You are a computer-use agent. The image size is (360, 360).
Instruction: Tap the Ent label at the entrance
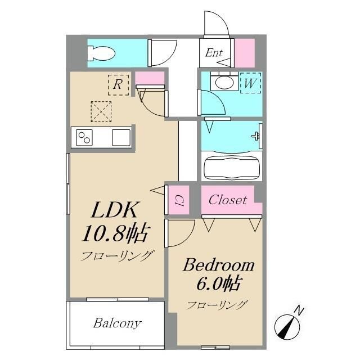[214, 53]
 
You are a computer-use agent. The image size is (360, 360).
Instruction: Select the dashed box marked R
[118, 85]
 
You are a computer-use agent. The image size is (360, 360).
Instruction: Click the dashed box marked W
[250, 83]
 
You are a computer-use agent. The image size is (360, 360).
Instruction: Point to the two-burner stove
[84, 137]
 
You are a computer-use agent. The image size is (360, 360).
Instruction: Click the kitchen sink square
[121, 137]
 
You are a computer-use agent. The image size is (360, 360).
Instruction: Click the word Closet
[228, 200]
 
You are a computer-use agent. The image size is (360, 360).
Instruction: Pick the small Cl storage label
[178, 201]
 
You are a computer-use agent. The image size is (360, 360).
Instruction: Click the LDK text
[115, 210]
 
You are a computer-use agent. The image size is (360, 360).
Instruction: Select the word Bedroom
[219, 265]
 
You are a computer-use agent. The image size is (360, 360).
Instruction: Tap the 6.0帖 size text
[219, 283]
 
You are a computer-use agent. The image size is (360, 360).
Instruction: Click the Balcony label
[117, 323]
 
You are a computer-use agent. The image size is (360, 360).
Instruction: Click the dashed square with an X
[101, 111]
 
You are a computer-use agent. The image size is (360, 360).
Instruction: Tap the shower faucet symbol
[255, 136]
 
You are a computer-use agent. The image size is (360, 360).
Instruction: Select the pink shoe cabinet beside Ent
[245, 53]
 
